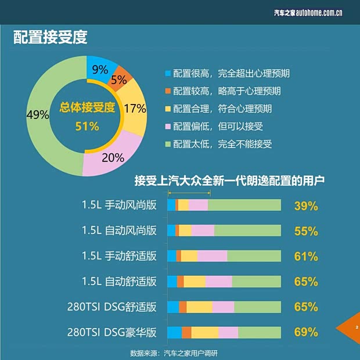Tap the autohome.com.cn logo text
(307, 11)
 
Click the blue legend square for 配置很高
(168, 74)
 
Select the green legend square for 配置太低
(168, 145)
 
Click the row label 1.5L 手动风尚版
(119, 205)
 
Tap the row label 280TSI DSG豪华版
(112, 333)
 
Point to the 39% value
(306, 206)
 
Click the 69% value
(306, 333)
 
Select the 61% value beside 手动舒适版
(306, 256)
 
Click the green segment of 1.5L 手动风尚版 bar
(244, 205)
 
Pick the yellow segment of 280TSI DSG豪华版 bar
(204, 332)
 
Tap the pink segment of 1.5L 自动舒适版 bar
(219, 282)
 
